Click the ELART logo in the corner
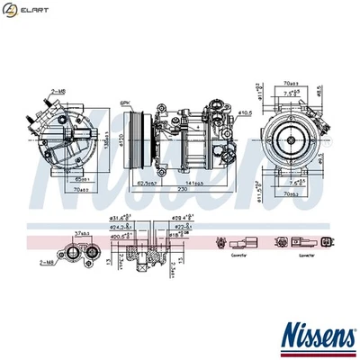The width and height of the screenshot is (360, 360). click(22, 10)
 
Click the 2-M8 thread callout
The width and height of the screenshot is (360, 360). click(58, 92)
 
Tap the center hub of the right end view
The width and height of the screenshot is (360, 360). click(288, 139)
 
